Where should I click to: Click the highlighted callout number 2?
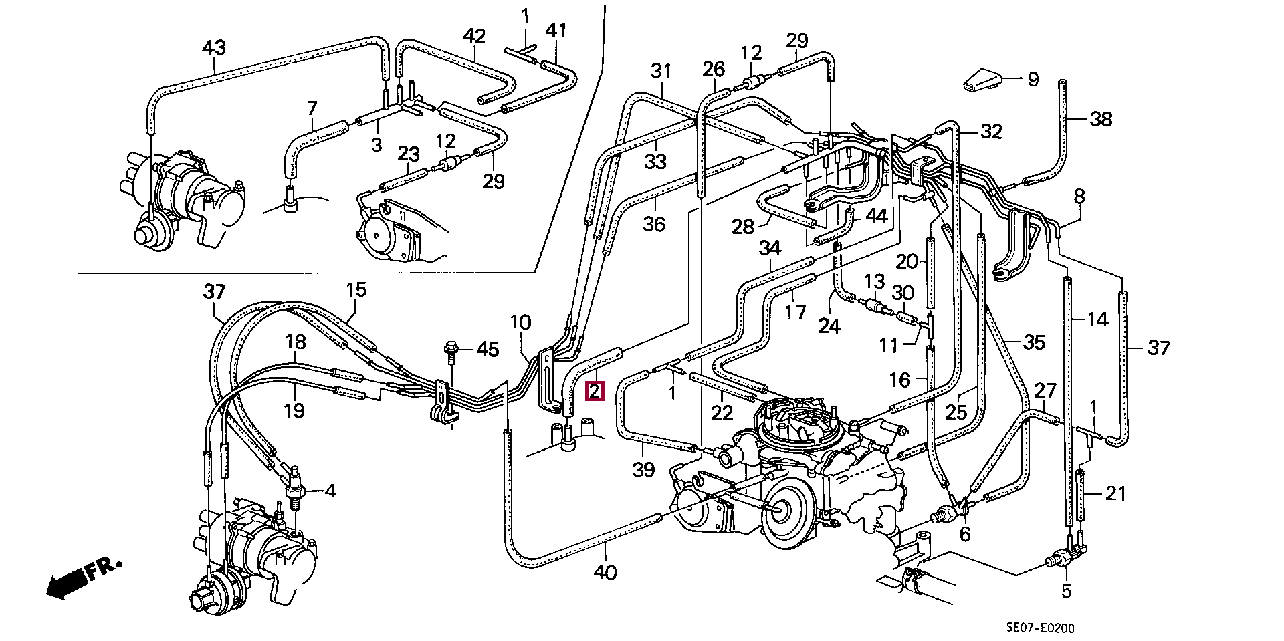coord(595,391)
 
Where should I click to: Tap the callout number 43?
coord(214,48)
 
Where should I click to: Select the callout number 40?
coord(605,573)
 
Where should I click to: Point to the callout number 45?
coord(488,349)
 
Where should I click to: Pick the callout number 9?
coord(1033,80)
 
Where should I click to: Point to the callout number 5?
coord(1066,591)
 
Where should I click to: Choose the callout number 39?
coord(643,470)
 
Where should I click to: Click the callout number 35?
coord(1034,343)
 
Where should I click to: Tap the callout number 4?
coord(330,491)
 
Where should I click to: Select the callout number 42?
coord(474,35)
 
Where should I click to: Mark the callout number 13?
coord(875,282)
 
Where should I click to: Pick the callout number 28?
coord(742,227)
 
